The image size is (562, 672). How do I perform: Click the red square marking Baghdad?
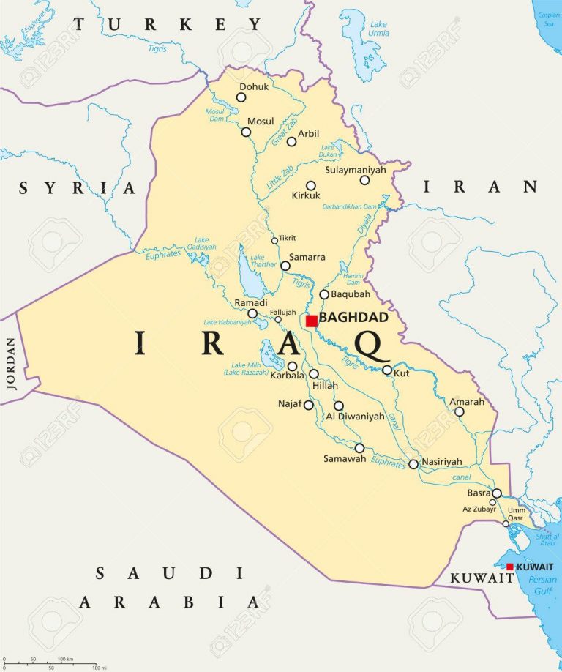[312, 321]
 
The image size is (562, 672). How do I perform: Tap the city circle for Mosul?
[246, 132]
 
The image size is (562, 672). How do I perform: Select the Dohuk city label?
[254, 86]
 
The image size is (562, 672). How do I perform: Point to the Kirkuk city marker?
[311, 186]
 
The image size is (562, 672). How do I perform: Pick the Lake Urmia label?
[378, 29]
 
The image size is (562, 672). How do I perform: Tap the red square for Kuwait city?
[510, 567]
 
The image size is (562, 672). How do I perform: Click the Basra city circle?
[497, 493]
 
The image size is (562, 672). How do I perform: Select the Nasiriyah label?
[442, 462]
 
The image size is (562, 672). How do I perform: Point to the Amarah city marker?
[460, 411]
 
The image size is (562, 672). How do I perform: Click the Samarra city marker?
[285, 266]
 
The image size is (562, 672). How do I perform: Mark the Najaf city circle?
[309, 405]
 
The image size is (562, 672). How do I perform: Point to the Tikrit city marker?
[275, 240]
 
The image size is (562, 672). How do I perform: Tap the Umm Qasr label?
[517, 514]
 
